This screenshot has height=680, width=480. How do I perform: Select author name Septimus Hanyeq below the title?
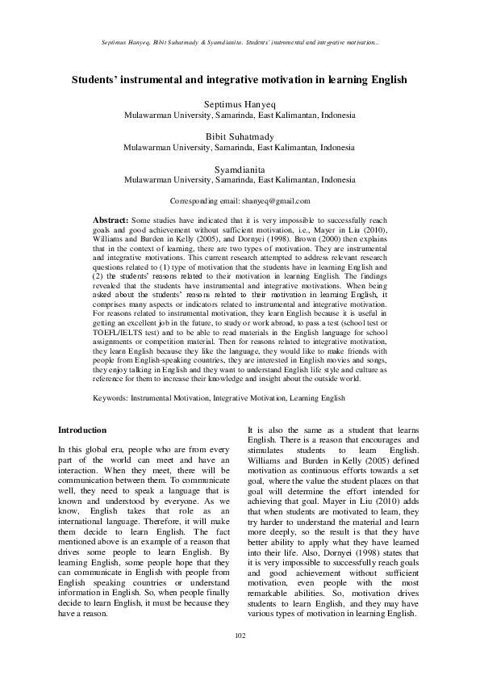[240, 104]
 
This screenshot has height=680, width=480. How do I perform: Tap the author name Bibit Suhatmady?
[240, 136]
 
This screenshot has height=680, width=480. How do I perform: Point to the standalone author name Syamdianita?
[240, 169]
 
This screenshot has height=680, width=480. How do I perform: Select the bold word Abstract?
[111, 220]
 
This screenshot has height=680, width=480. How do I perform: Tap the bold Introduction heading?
[83, 430]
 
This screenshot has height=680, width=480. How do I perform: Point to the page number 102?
[240, 658]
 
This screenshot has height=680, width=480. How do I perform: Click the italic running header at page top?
[240, 40]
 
